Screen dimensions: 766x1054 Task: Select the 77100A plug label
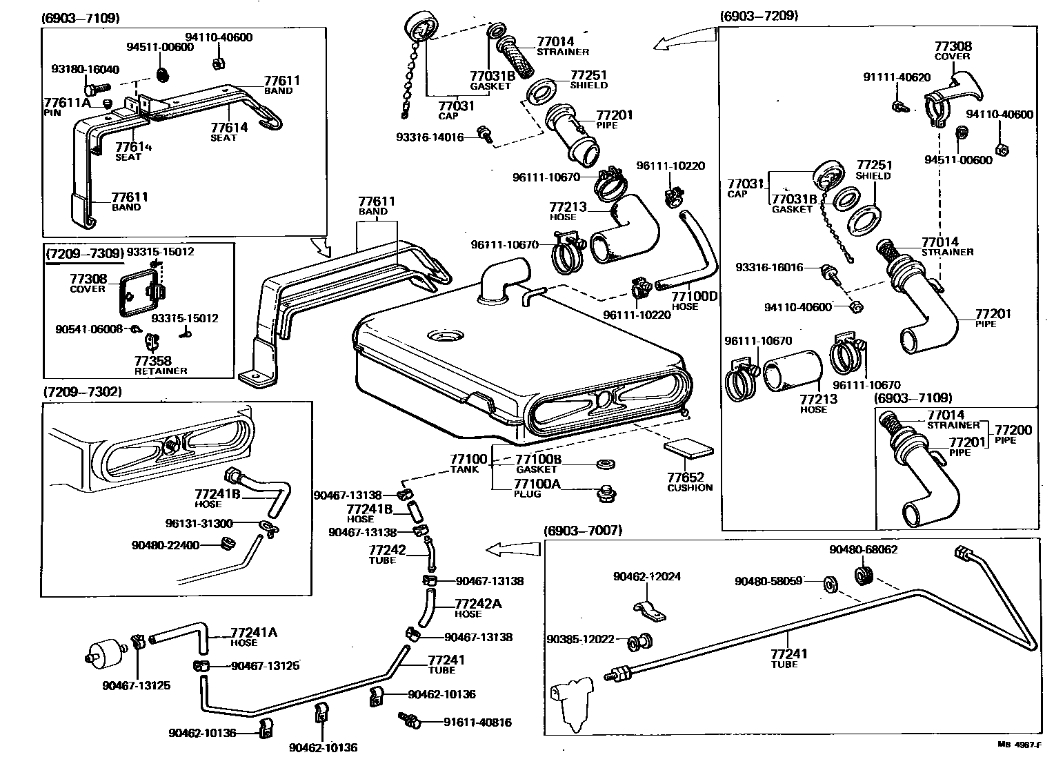[x=537, y=484]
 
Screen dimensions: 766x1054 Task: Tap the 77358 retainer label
[x=152, y=361]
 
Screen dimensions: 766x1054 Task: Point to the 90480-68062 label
[x=863, y=550]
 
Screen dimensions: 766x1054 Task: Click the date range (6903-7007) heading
[x=582, y=530]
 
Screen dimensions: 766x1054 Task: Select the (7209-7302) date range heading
[x=82, y=391]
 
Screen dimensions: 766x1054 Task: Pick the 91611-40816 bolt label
[x=469, y=723]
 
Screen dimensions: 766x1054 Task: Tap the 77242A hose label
[x=478, y=604]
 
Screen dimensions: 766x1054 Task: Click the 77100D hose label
[x=695, y=297]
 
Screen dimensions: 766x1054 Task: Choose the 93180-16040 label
[x=85, y=69]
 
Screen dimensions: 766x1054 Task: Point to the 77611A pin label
[x=67, y=103]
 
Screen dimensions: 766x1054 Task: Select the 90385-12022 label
[x=580, y=639]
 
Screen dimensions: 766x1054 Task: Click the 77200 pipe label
[x=1013, y=430]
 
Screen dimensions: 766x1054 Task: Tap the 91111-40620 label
[x=896, y=77]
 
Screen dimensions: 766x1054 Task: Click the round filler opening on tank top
[x=448, y=336]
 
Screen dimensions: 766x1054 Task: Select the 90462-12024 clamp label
[x=646, y=576]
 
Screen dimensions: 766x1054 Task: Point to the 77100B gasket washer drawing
[x=605, y=462]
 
